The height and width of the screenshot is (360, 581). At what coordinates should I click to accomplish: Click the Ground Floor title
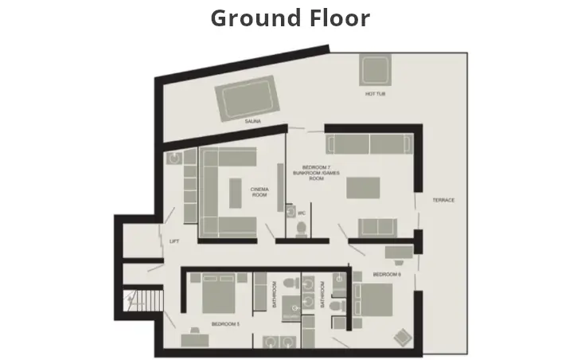click(290, 18)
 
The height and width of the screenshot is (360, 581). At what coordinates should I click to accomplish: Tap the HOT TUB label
click(375, 94)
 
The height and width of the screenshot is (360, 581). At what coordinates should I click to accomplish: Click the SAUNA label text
click(253, 122)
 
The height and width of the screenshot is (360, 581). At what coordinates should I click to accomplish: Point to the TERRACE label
click(443, 200)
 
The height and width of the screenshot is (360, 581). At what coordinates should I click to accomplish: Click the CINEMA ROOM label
click(259, 191)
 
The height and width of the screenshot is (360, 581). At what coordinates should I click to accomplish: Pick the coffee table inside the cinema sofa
click(235, 192)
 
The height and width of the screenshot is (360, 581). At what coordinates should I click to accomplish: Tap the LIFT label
click(174, 241)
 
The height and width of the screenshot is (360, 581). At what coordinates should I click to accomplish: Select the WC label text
click(302, 213)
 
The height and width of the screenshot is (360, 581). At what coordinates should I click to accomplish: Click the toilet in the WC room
click(301, 229)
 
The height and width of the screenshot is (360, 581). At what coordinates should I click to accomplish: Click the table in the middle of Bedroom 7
click(362, 186)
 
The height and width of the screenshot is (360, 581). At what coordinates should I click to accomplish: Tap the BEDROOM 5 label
click(226, 324)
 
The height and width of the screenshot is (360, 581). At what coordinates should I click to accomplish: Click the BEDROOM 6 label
click(387, 274)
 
